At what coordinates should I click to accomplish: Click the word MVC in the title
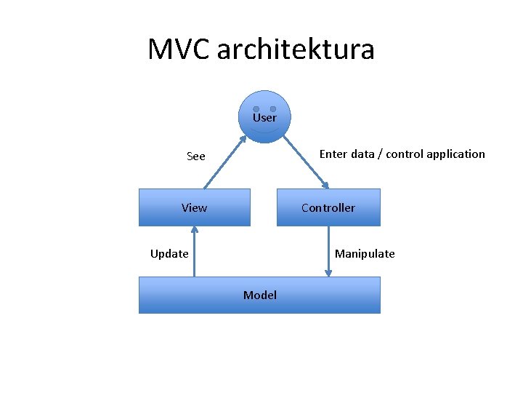tap(179, 49)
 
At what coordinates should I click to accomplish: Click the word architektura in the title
tap(296, 49)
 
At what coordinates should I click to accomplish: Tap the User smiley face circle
tap(265, 116)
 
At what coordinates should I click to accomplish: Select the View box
tap(195, 207)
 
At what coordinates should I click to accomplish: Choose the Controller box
tap(328, 207)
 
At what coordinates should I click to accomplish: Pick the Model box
tap(259, 295)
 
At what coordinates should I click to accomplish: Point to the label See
tap(196, 156)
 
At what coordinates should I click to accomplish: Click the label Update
tap(169, 254)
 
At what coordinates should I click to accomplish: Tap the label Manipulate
tap(365, 254)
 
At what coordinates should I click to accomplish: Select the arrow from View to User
tap(223, 162)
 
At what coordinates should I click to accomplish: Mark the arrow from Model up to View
tap(195, 251)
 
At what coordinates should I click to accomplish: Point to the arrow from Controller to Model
tap(328, 251)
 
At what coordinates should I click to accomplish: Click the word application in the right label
tap(455, 154)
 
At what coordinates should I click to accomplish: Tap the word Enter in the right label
tap(333, 154)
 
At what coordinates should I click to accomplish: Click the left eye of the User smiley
tap(256, 109)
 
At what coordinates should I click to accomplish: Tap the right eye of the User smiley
tap(273, 109)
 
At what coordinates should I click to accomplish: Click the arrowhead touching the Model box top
tap(328, 273)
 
